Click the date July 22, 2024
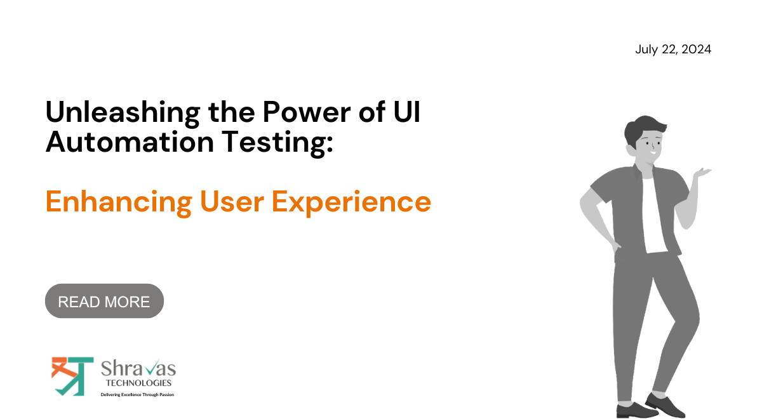(x=673, y=50)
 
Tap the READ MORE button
(x=104, y=302)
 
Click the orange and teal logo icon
(x=72, y=376)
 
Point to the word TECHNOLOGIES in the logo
(x=138, y=383)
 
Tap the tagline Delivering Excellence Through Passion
(x=137, y=394)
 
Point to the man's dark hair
(x=641, y=127)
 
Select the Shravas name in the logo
(x=138, y=368)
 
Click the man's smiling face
(x=648, y=149)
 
